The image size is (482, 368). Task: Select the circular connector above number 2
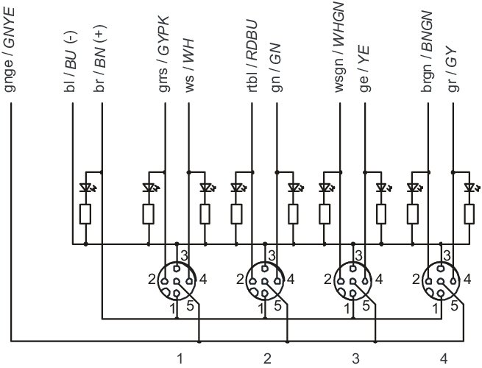click(x=265, y=280)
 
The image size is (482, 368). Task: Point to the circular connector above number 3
click(x=352, y=280)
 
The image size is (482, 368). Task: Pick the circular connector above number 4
click(x=439, y=280)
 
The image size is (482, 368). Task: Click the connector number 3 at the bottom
click(x=355, y=358)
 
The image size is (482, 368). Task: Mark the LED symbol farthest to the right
click(x=468, y=188)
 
